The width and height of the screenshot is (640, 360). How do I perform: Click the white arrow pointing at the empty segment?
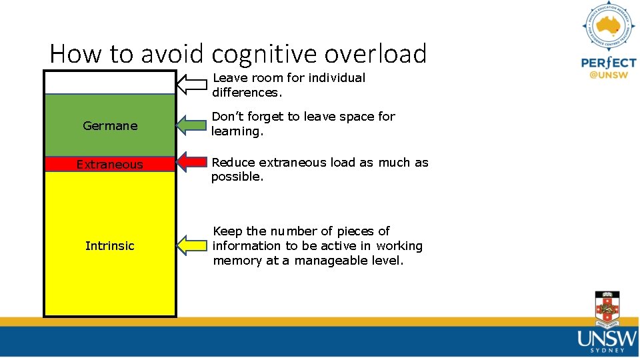click(x=193, y=84)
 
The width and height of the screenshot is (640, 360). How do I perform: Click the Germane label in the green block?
click(x=110, y=125)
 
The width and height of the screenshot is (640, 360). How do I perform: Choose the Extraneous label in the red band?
click(x=110, y=164)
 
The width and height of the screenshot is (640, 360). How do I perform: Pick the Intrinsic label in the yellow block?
click(x=110, y=245)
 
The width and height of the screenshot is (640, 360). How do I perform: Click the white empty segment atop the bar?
click(x=110, y=83)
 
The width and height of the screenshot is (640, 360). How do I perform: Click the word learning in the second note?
click(x=237, y=131)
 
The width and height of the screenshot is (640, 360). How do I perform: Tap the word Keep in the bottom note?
click(x=227, y=231)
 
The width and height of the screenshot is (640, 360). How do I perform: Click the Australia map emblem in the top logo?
click(x=608, y=27)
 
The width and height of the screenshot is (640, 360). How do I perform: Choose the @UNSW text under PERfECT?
click(x=608, y=75)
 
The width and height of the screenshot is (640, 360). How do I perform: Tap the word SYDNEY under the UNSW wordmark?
click(x=607, y=349)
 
